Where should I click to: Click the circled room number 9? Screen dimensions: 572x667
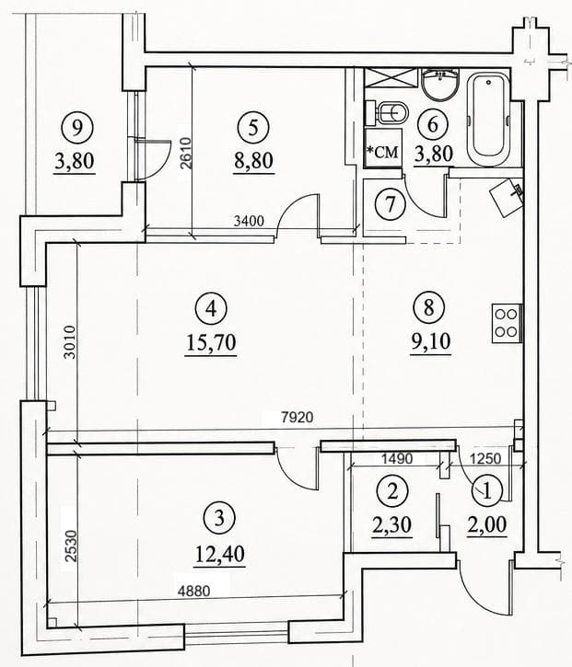pyautogui.click(x=76, y=128)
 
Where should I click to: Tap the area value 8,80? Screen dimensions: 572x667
pyautogui.click(x=253, y=161)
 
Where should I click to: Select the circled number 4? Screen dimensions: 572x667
pyautogui.click(x=211, y=309)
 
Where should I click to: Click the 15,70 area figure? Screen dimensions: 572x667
pyautogui.click(x=211, y=342)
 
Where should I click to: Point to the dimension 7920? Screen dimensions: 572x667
pyautogui.click(x=297, y=417)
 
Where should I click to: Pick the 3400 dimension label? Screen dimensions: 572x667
pyautogui.click(x=250, y=221)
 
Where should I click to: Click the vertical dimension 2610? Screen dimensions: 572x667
pyautogui.click(x=186, y=153)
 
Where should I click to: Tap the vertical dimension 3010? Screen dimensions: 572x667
pyautogui.click(x=69, y=341)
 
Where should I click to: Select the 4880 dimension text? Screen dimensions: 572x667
pyautogui.click(x=194, y=591)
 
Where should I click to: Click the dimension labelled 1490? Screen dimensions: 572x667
pyautogui.click(x=397, y=458)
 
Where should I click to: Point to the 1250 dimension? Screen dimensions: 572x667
pyautogui.click(x=485, y=458)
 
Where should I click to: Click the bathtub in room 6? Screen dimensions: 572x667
pyautogui.click(x=488, y=119)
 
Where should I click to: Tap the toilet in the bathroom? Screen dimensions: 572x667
pyautogui.click(x=387, y=113)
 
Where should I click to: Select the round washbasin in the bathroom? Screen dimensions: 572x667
pyautogui.click(x=440, y=85)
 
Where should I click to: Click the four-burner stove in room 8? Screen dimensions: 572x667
pyautogui.click(x=507, y=323)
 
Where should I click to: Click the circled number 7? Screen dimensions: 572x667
pyautogui.click(x=391, y=203)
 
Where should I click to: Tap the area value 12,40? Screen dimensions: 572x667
pyautogui.click(x=220, y=555)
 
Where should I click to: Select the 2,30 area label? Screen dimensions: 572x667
pyautogui.click(x=391, y=524)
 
